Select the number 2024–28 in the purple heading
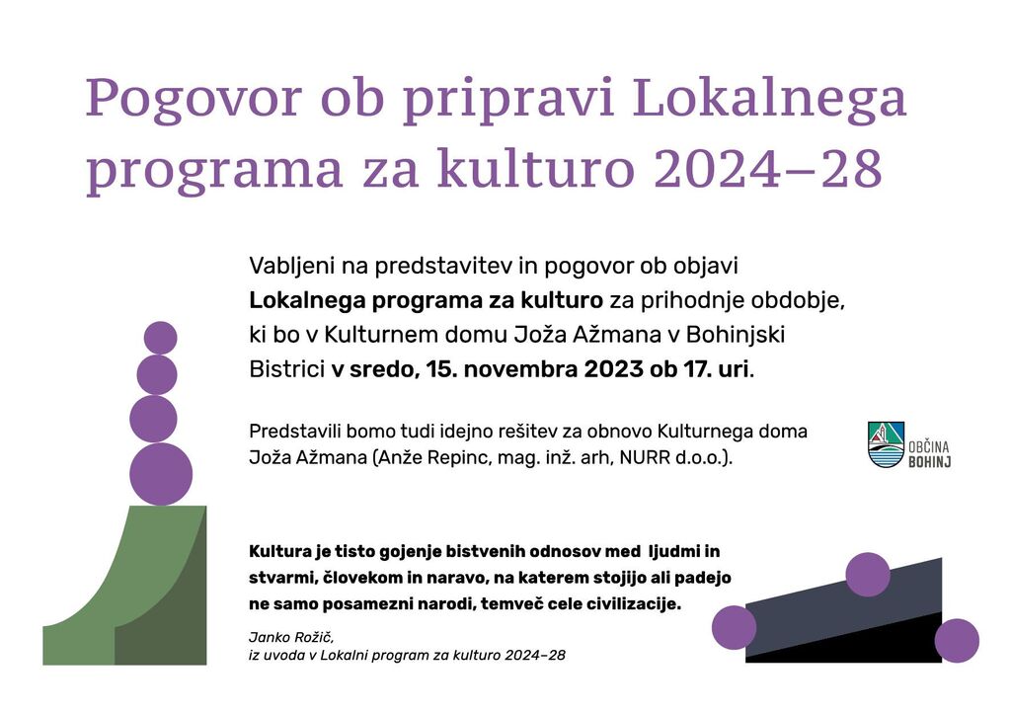(x=768, y=168)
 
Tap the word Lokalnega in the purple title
(x=769, y=98)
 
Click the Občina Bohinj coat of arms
(x=886, y=444)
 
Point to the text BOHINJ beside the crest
(x=930, y=461)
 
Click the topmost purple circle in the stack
(x=161, y=338)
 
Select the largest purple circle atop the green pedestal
(x=161, y=474)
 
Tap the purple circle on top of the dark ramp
(x=868, y=574)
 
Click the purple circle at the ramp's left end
(x=735, y=627)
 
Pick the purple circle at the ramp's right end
(x=957, y=641)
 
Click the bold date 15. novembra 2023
(x=534, y=369)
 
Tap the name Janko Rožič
(x=291, y=638)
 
